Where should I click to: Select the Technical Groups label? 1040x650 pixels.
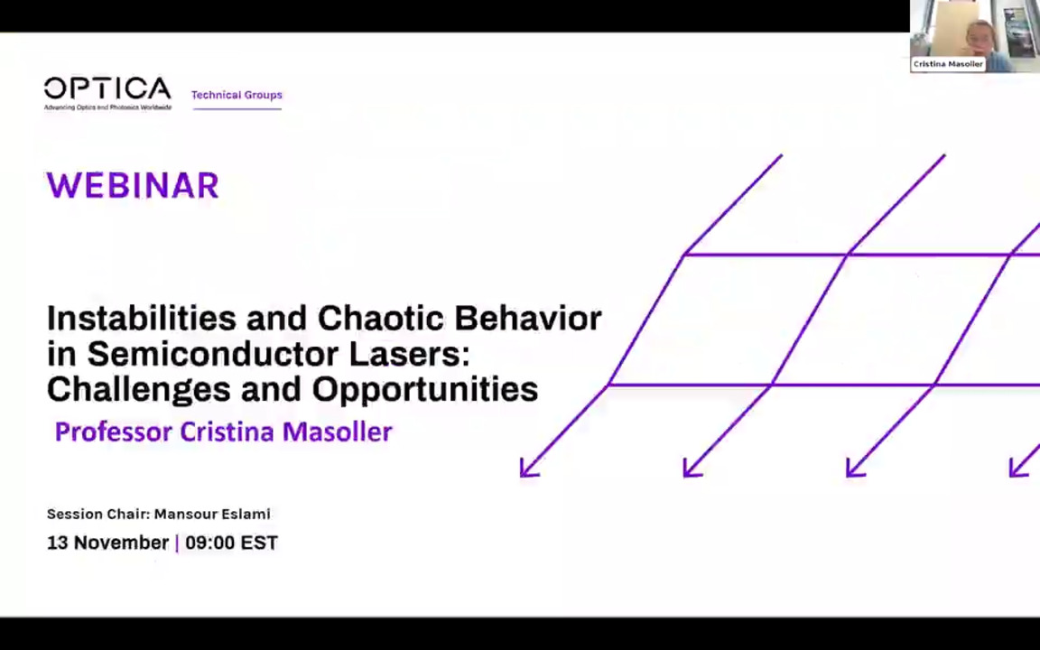click(x=237, y=95)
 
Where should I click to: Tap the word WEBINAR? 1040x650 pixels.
click(x=133, y=186)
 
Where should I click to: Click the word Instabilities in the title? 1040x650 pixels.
click(x=142, y=318)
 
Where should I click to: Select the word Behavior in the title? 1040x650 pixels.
click(x=527, y=318)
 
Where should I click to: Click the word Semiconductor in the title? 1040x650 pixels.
click(x=213, y=354)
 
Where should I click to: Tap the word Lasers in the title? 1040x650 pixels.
click(x=409, y=354)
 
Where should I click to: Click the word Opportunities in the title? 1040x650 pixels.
click(x=425, y=389)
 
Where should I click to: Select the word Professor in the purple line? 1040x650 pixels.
click(x=113, y=432)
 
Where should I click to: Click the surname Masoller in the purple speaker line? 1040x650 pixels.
click(x=337, y=432)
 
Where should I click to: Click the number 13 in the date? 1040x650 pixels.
click(x=57, y=543)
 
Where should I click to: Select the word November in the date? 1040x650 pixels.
click(x=121, y=543)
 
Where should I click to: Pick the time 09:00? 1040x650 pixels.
click(x=209, y=543)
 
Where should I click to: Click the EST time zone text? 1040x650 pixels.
click(x=259, y=543)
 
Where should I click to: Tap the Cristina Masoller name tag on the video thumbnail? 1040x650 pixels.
click(x=947, y=64)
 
